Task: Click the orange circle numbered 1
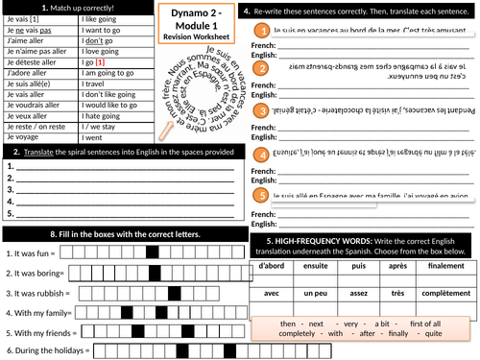pos(260,35)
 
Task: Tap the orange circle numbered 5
pos(260,196)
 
